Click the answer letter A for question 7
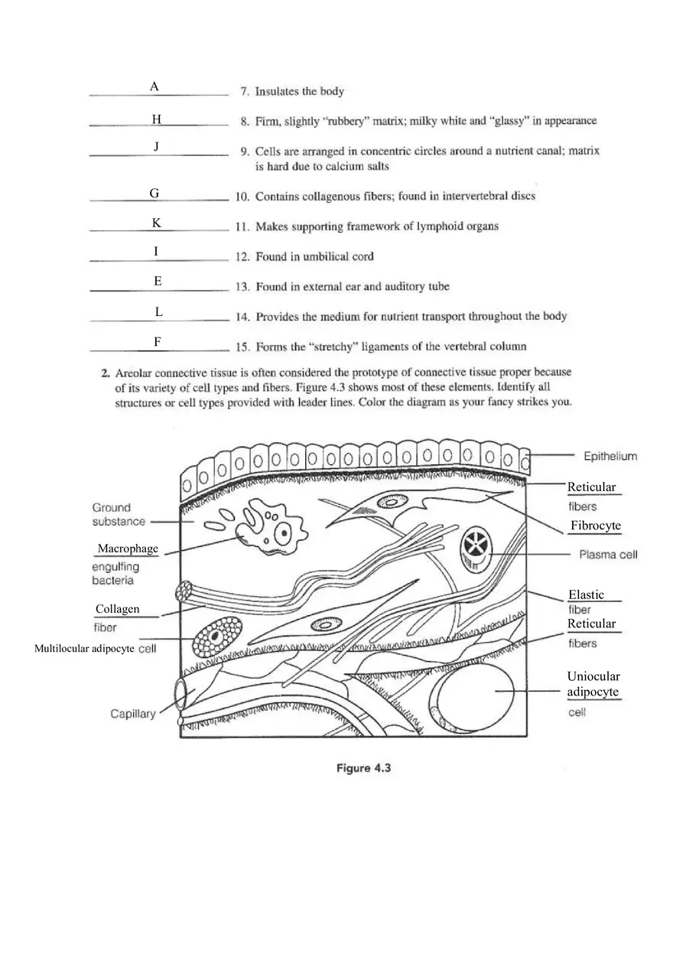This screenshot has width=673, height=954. pyautogui.click(x=154, y=87)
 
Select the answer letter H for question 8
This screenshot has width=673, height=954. pyautogui.click(x=156, y=119)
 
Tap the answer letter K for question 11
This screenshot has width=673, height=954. pyautogui.click(x=156, y=223)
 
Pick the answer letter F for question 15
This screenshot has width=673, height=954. pyautogui.click(x=157, y=342)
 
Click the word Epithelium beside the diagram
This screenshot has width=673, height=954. pyautogui.click(x=610, y=457)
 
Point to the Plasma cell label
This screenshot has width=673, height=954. pyautogui.click(x=608, y=555)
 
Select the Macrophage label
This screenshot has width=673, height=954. pyautogui.click(x=128, y=549)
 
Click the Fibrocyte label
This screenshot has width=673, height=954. pyautogui.click(x=595, y=526)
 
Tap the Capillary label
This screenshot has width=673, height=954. pyautogui.click(x=132, y=714)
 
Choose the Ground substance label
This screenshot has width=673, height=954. pyautogui.click(x=119, y=514)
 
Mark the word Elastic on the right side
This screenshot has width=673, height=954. pyautogui.click(x=586, y=594)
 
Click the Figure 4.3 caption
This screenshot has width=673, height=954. pyautogui.click(x=364, y=768)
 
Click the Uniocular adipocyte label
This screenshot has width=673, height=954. pyautogui.click(x=593, y=684)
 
